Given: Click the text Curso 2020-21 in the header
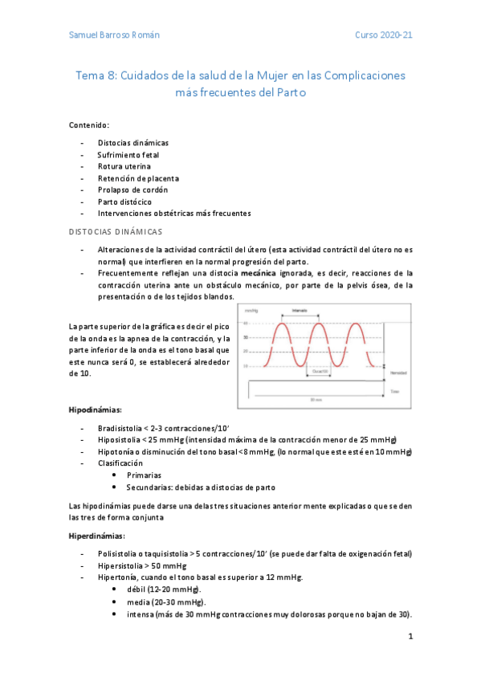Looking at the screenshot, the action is [384, 36].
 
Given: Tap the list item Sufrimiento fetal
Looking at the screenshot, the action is [128, 154].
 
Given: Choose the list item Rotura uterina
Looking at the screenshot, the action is [124, 166].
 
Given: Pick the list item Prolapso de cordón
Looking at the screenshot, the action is [133, 190].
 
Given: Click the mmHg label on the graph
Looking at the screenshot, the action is [251, 310].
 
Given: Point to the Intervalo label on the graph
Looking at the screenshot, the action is [300, 310].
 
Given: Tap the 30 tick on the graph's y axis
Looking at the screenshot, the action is [246, 337].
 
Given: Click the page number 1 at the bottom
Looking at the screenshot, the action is [410, 638].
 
